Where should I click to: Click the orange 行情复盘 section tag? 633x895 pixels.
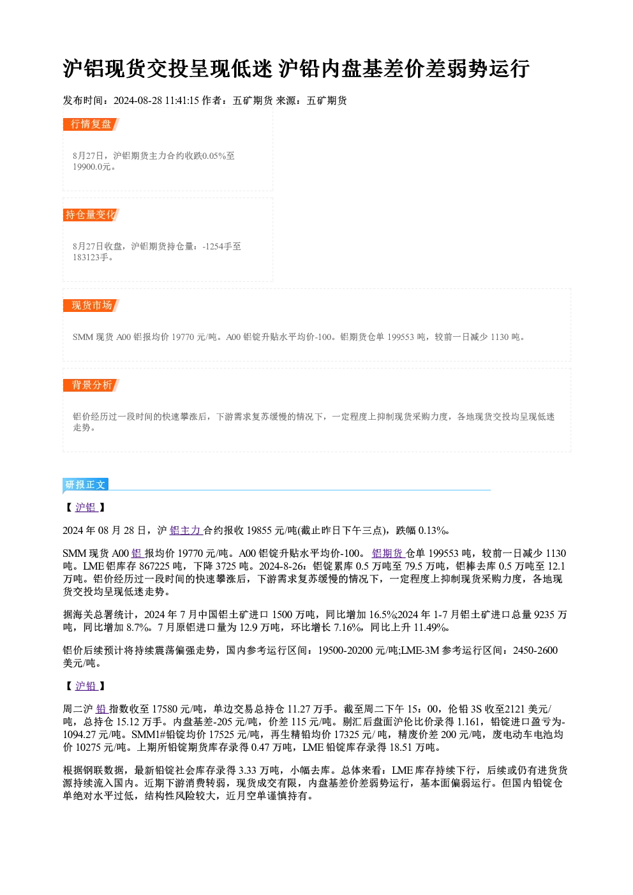coord(91,124)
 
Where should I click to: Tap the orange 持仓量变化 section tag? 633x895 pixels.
coord(91,215)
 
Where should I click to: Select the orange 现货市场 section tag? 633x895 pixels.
coord(91,306)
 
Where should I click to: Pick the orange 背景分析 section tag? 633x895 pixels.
coord(91,385)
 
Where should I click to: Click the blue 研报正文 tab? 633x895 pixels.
coord(86,484)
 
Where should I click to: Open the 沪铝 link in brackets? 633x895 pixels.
coord(86,507)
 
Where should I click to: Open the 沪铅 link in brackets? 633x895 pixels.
coord(86,686)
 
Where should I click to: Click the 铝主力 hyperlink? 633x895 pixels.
coord(186,530)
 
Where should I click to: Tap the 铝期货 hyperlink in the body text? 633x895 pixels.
coord(388,553)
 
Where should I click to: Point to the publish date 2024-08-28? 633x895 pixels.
coord(138,101)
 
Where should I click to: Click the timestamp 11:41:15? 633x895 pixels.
coord(182,101)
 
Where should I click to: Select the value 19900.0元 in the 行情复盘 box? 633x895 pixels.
coord(92,167)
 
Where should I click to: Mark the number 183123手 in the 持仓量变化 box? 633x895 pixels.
coord(91,258)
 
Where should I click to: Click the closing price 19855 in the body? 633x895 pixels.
coord(259,531)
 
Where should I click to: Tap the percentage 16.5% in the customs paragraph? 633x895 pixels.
coord(382,614)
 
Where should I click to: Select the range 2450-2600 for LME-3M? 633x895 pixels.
coord(535,651)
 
